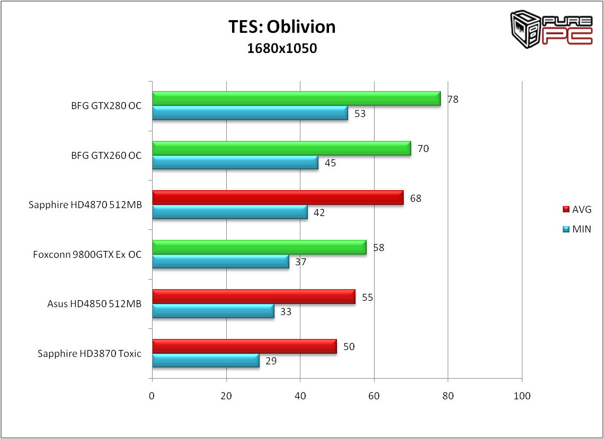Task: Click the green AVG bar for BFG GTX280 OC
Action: pyautogui.click(x=296, y=98)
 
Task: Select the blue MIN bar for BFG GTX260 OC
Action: pyautogui.click(x=235, y=163)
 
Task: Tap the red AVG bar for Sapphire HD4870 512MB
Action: pyautogui.click(x=278, y=198)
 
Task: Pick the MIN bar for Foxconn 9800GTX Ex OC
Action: pyautogui.click(x=220, y=262)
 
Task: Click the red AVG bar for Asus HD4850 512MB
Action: pyautogui.click(x=253, y=297)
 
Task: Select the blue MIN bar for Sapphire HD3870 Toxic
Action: pyautogui.click(x=206, y=361)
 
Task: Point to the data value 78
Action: pyautogui.click(x=452, y=99)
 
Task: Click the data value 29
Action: pyautogui.click(x=271, y=361)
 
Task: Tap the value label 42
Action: pyautogui.click(x=319, y=213)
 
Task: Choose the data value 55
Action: pyautogui.click(x=368, y=297)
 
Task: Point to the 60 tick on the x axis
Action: pyautogui.click(x=374, y=396)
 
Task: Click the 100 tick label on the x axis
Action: pyautogui.click(x=522, y=396)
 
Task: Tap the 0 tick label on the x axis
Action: pyautogui.click(x=152, y=396)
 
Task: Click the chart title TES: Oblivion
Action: pyautogui.click(x=282, y=26)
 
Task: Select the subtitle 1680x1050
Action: pyautogui.click(x=282, y=49)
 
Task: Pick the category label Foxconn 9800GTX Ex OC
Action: pyautogui.click(x=87, y=254)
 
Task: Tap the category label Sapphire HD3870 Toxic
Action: pyautogui.click(x=90, y=353)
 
